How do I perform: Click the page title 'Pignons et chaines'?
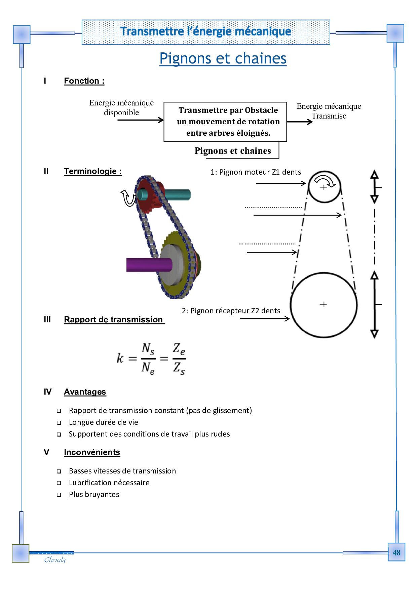click(223, 58)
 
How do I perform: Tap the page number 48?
click(396, 552)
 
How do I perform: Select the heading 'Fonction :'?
click(84, 81)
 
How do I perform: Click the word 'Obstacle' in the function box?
click(261, 110)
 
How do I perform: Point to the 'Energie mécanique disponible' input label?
click(121, 107)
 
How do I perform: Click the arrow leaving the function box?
click(300, 122)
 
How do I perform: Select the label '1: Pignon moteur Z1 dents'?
click(256, 172)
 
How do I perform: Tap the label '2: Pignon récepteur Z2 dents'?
click(231, 311)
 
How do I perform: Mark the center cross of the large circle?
click(323, 304)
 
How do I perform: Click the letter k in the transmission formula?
click(120, 358)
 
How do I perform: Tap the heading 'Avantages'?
click(85, 392)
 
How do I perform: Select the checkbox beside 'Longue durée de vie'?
click(59, 423)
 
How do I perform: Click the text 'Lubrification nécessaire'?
click(109, 483)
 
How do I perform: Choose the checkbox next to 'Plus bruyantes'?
click(59, 495)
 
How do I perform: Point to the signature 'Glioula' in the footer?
click(55, 560)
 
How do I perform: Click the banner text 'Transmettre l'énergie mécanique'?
click(206, 32)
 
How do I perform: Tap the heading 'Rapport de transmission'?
click(113, 320)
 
